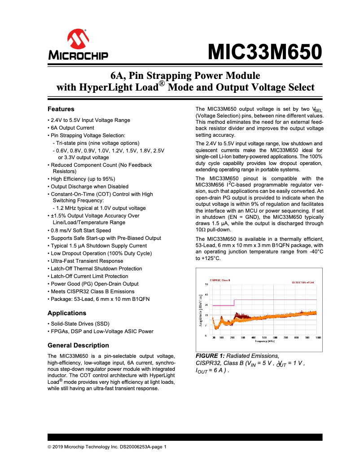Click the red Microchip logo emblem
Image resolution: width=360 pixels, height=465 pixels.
pyautogui.click(x=78, y=40)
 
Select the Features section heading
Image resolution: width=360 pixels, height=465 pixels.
pyautogui.click(x=61, y=109)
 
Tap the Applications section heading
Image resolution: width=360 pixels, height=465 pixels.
pyautogui.click(x=67, y=313)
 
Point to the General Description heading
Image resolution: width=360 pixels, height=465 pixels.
pyautogui.click(x=78, y=345)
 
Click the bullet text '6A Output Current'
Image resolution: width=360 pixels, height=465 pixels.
pyautogui.click(x=72, y=128)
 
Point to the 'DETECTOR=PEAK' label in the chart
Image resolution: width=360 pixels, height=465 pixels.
pyautogui.click(x=303, y=282)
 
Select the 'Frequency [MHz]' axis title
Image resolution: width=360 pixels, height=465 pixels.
pyautogui.click(x=264, y=341)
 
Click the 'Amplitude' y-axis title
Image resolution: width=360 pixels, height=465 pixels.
pyautogui.click(x=200, y=309)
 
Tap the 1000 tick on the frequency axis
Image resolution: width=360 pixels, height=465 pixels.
pyautogui.click(x=318, y=337)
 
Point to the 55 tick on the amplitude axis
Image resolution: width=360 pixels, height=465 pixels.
pyautogui.click(x=206, y=284)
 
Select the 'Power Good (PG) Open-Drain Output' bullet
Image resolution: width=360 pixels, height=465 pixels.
pyautogui.click(x=94, y=284)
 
